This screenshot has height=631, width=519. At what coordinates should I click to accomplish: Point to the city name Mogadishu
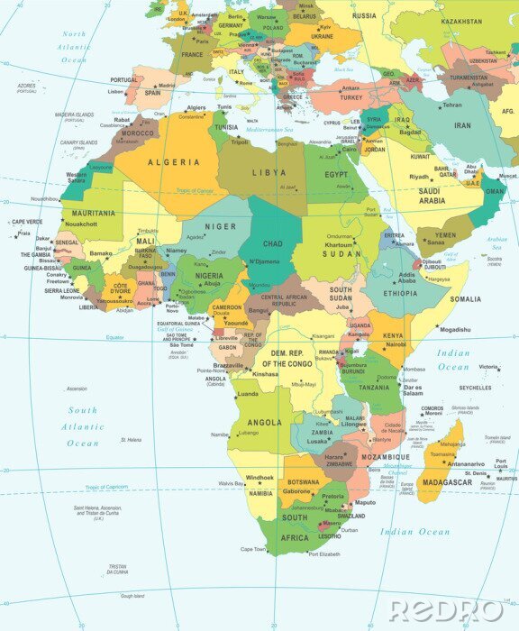(x=456, y=330)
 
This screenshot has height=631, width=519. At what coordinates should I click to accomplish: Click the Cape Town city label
(x=253, y=549)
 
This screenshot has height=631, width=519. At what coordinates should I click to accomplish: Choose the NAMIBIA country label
(x=259, y=493)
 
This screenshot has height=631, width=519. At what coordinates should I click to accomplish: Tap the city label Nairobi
(x=396, y=345)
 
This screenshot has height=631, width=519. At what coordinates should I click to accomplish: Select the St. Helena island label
(x=132, y=440)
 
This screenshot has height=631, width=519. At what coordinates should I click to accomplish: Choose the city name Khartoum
(x=339, y=245)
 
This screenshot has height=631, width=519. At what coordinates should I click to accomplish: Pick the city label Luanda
(x=246, y=394)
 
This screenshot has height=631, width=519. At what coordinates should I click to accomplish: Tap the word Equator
(x=114, y=337)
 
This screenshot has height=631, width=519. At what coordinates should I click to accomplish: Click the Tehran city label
(x=451, y=105)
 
